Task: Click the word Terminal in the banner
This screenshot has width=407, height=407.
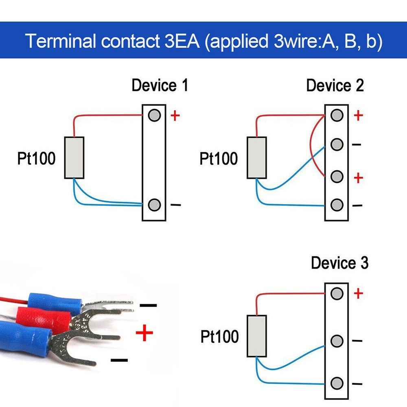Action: (x=61, y=42)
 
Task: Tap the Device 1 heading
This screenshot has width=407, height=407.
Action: (x=160, y=86)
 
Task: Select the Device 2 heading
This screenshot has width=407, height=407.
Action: (x=335, y=86)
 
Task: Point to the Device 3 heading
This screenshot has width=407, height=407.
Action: (x=339, y=263)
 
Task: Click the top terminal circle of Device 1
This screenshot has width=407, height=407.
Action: (x=154, y=116)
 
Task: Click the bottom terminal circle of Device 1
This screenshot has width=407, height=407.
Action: (x=154, y=205)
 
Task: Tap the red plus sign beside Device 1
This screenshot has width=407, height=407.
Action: (x=175, y=116)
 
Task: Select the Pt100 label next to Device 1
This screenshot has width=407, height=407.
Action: (x=36, y=158)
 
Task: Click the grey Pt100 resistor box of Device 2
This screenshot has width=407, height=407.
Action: (x=257, y=158)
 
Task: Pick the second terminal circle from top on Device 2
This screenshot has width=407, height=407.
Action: (x=337, y=144)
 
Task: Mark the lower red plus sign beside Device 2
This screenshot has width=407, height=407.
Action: (x=358, y=178)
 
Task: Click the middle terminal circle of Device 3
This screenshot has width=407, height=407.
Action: (x=337, y=341)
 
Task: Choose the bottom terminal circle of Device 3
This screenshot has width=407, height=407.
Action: (x=337, y=383)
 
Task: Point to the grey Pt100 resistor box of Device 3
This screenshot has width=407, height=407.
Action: (x=257, y=336)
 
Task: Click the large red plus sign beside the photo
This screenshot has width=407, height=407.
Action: (x=144, y=334)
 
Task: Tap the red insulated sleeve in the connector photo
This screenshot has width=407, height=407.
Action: (x=41, y=317)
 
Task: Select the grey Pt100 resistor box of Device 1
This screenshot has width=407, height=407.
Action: (x=74, y=158)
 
